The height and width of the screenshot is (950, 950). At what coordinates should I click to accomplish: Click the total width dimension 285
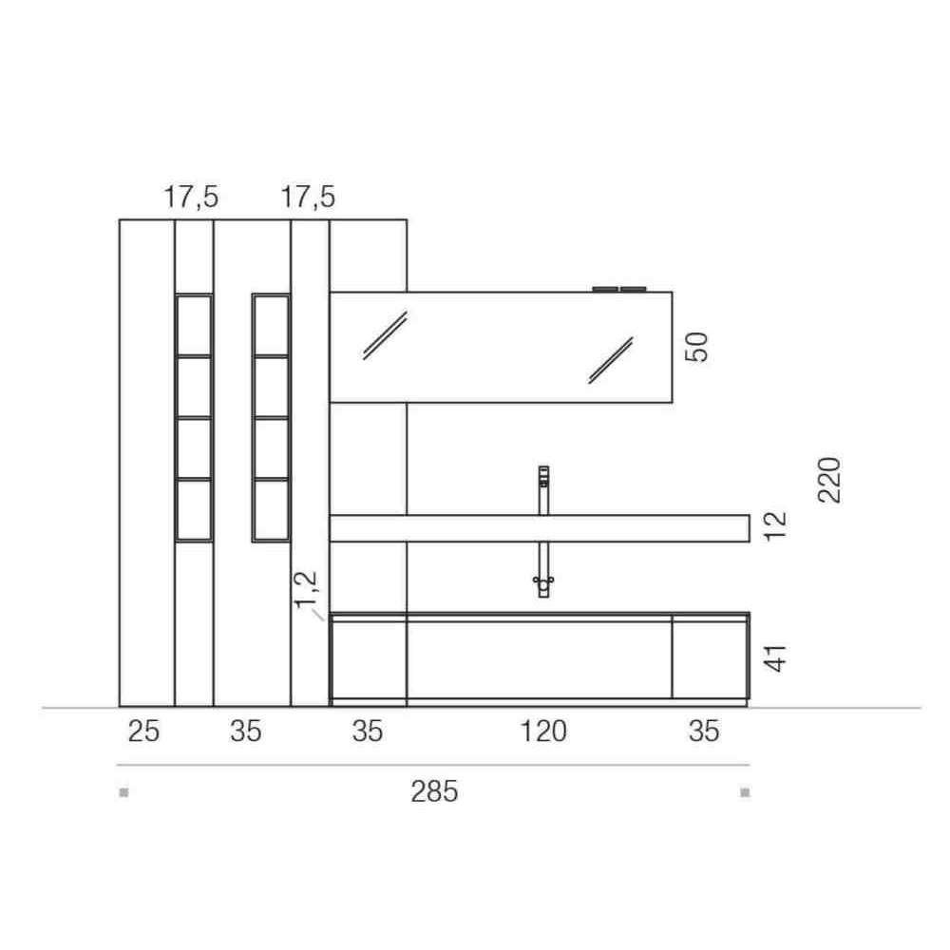434,791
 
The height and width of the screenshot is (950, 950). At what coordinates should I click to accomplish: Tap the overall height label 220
829,480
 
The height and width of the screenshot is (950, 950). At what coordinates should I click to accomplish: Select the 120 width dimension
543,731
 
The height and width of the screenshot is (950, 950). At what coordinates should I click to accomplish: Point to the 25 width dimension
143,731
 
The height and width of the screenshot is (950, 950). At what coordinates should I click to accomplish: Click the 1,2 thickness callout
306,588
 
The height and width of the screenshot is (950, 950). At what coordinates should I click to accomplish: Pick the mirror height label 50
696,347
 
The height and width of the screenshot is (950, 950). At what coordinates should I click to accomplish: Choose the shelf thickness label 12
775,526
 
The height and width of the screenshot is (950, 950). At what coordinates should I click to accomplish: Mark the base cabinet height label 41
775,658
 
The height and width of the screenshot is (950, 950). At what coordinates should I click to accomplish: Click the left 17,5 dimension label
191,197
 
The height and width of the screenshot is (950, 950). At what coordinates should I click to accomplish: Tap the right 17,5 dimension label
307,197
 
